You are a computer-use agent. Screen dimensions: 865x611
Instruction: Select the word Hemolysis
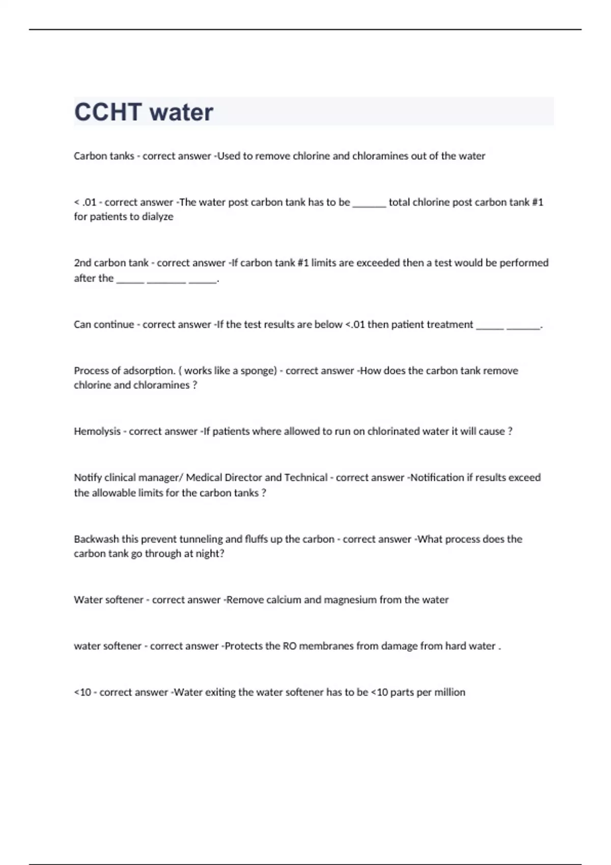[97, 431]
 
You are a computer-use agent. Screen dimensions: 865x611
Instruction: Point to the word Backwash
[96, 539]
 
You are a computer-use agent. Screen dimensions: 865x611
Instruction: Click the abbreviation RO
[289, 646]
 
